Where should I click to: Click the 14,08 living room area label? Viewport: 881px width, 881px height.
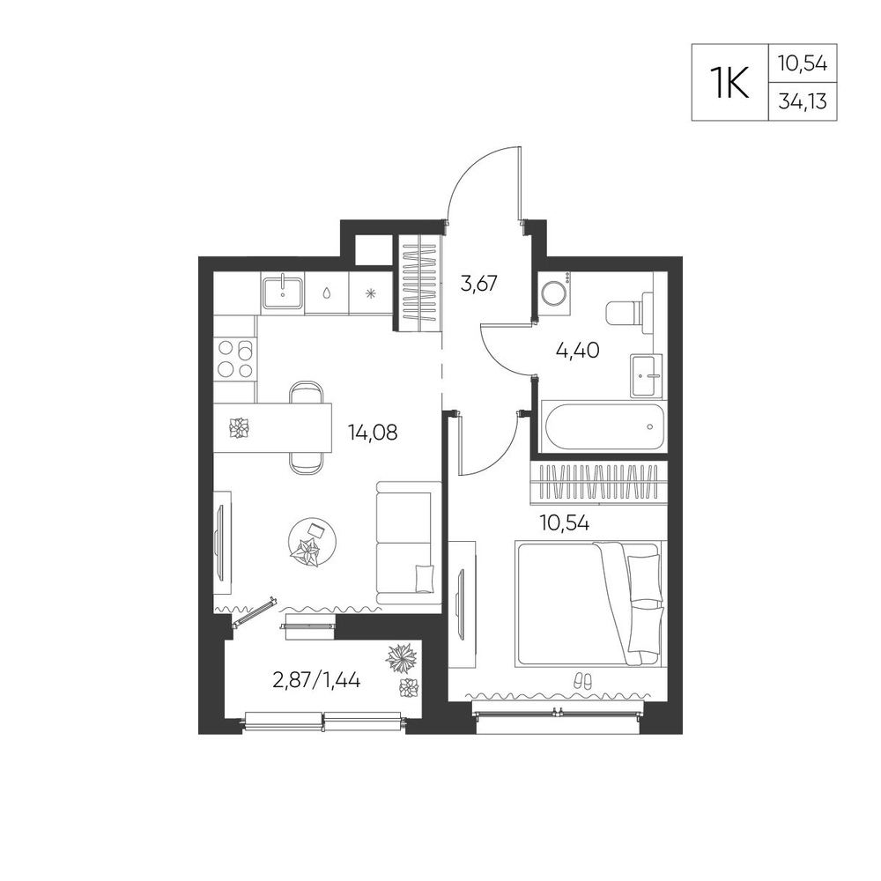click(x=373, y=432)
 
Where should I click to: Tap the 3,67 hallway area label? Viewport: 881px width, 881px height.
click(x=478, y=283)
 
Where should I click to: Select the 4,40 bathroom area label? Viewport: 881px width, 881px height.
click(x=578, y=351)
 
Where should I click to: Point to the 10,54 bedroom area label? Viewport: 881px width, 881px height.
click(x=565, y=523)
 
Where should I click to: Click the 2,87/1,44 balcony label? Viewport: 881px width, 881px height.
click(x=316, y=680)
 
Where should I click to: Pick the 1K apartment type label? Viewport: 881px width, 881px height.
click(x=729, y=83)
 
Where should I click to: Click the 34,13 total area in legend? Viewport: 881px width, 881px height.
click(x=803, y=101)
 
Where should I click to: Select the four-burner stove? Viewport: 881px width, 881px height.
click(x=235, y=359)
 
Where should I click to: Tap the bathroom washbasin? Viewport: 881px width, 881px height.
click(x=647, y=375)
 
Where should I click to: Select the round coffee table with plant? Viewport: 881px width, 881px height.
click(x=313, y=542)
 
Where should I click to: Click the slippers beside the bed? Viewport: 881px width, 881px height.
click(x=582, y=681)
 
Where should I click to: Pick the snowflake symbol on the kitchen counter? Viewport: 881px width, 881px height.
click(x=370, y=292)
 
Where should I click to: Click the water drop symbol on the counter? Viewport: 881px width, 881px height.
click(x=327, y=292)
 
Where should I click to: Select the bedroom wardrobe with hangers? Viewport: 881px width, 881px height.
click(x=598, y=482)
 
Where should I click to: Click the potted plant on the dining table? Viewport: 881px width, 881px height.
click(x=240, y=428)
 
